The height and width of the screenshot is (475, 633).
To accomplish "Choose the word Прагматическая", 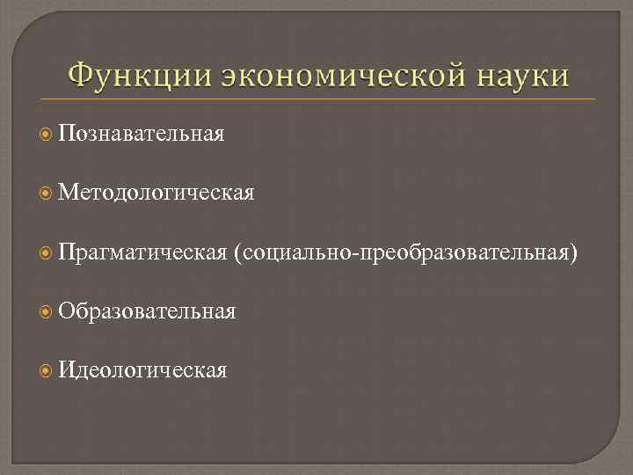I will point(142,253).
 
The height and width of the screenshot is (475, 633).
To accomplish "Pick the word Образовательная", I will point(147,311).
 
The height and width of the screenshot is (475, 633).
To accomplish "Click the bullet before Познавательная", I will point(47,134).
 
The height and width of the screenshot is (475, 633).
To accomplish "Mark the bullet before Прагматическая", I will point(47,253).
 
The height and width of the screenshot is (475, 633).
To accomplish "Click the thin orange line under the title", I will point(316,99).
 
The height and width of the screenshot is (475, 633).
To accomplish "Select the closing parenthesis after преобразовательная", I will point(575,254).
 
